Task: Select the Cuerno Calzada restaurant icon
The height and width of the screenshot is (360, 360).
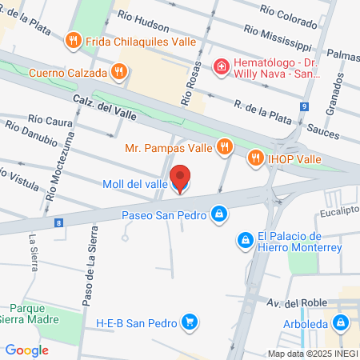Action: click(x=119, y=72)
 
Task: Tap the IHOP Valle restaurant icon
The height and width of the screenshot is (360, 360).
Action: click(x=257, y=158)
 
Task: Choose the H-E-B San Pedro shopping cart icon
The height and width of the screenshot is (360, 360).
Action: click(x=189, y=322)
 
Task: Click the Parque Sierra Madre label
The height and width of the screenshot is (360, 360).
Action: click(x=34, y=313)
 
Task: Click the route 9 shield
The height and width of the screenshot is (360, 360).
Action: click(x=305, y=106)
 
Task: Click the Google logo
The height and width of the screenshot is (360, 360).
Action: click(x=26, y=350)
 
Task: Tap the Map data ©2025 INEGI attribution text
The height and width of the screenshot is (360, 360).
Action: click(x=311, y=354)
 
